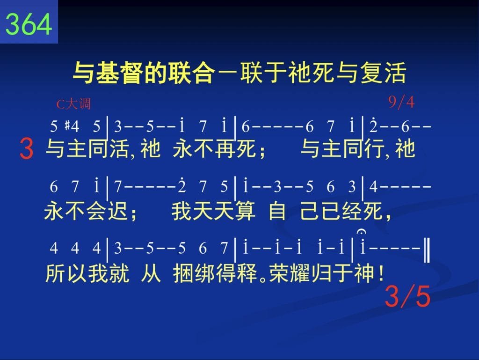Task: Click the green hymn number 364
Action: pos(29,24)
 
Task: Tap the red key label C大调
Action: pos(73,104)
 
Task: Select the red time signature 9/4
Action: pos(401,102)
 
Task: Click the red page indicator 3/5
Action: pos(407,296)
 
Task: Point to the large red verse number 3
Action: pos(26,149)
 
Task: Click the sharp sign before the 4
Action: pos(67,125)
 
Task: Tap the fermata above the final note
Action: pos(362,232)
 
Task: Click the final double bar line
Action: pos(427,250)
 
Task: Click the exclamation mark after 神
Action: pos(380,273)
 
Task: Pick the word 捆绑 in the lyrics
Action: pos(194,273)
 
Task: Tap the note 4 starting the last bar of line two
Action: pos(373,187)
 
